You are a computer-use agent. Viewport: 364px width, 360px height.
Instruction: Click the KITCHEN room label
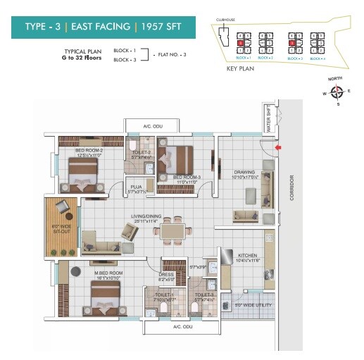[x=249, y=257]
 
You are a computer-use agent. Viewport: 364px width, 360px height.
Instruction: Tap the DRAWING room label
[x=244, y=172]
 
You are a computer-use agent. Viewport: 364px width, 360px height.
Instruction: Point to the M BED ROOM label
[x=108, y=273]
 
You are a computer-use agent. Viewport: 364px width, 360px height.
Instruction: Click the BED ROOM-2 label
[x=89, y=151]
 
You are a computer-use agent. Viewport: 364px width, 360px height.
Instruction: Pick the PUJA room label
[x=136, y=187]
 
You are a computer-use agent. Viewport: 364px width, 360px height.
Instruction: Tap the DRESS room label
[x=168, y=277]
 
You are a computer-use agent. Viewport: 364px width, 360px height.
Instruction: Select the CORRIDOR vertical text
[x=291, y=187]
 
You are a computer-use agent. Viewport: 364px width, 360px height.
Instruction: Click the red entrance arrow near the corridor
[x=279, y=147]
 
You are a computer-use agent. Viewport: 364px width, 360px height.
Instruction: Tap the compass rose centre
[x=337, y=91]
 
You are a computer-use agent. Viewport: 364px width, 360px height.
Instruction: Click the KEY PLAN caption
[x=239, y=70]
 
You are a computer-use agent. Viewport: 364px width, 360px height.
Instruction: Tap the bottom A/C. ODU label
[x=182, y=327]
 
